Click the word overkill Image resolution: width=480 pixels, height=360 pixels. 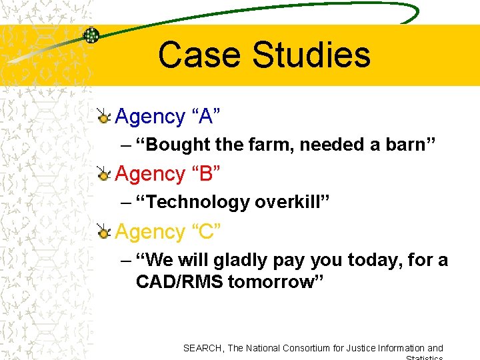point(285,202)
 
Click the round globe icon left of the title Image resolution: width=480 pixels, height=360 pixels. point(91,35)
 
